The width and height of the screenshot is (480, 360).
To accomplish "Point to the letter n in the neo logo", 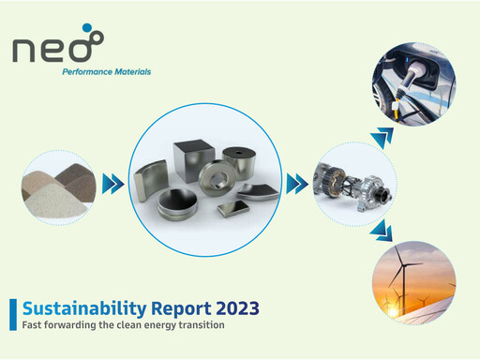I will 27,50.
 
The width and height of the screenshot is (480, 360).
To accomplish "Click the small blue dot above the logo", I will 88,28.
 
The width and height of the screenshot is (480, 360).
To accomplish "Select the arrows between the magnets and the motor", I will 297,180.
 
